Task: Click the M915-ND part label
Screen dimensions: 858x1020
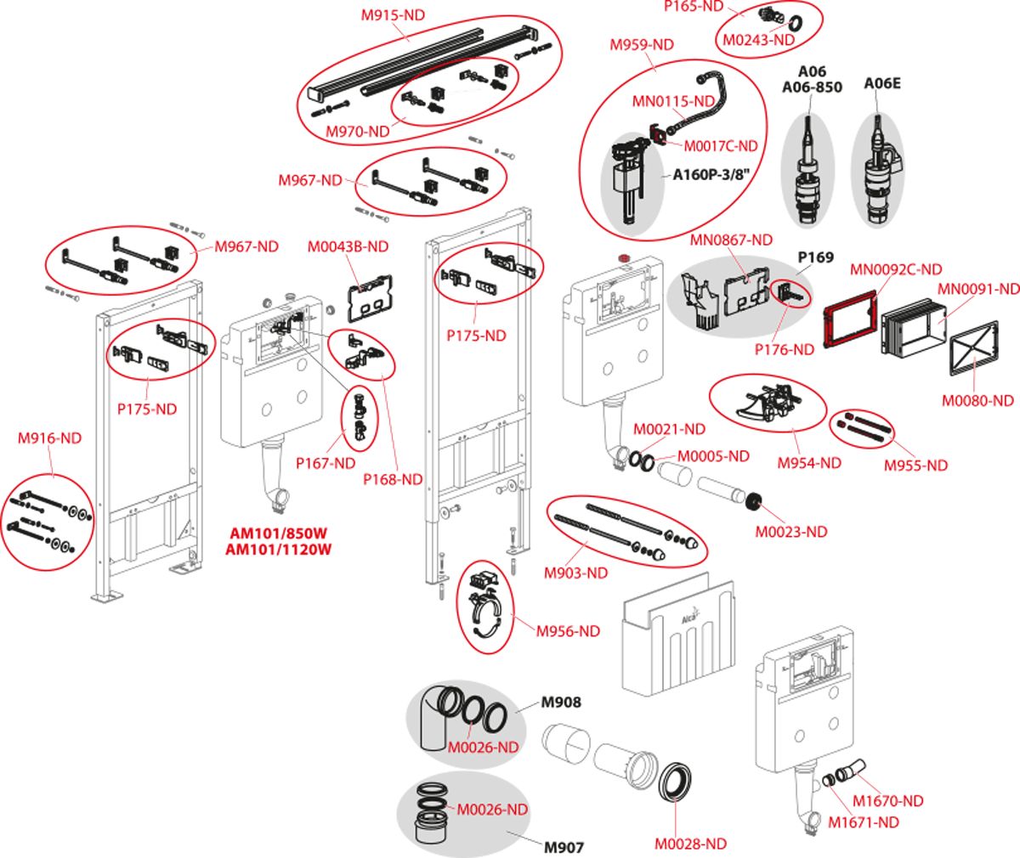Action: [x=393, y=14]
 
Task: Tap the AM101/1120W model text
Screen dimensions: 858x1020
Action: [x=278, y=550]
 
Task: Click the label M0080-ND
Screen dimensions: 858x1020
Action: [x=977, y=400]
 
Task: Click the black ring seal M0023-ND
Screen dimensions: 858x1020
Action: [x=753, y=501]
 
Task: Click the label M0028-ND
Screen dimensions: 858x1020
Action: [x=690, y=844]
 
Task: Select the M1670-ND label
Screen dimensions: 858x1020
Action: [x=888, y=800]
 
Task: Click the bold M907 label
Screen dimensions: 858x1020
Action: [x=563, y=847]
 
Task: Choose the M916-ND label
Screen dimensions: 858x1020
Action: [x=49, y=438]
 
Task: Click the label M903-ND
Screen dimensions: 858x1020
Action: [x=575, y=573]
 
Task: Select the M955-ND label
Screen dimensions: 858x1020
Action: [x=915, y=465]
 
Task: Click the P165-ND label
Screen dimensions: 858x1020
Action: [x=693, y=7]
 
